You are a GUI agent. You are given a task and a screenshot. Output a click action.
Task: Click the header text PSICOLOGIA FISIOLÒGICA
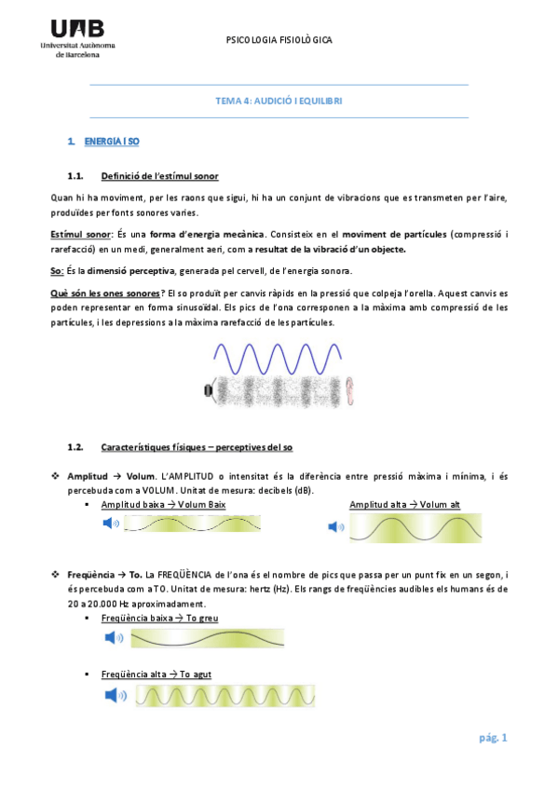pos(279,41)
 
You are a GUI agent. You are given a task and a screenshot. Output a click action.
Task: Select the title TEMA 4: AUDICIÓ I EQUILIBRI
pos(279,101)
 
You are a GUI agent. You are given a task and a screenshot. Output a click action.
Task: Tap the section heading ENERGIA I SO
pos(111,141)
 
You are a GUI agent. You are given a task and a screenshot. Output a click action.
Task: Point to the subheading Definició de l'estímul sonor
pos(153,176)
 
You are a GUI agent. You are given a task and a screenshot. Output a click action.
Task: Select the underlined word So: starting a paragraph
pos(57,271)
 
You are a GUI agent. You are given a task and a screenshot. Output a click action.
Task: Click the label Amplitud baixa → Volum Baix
pos(163,504)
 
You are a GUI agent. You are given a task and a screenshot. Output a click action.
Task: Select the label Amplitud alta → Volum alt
pos(404,504)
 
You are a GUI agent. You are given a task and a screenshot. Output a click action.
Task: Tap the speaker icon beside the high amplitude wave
pos(336,527)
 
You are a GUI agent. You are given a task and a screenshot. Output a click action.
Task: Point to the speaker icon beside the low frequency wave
pos(114,638)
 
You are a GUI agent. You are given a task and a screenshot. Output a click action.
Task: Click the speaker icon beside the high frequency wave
pos(114,694)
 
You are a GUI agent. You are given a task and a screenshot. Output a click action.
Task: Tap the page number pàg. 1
pos(492,738)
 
